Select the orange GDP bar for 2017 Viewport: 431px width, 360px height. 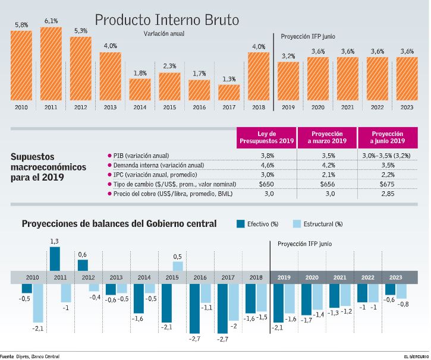229,92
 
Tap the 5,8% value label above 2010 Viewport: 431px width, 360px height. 21,25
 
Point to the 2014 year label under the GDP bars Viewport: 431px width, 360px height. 140,107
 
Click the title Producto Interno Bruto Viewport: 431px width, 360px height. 167,20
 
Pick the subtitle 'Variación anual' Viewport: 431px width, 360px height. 163,34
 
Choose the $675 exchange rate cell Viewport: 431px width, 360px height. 387,184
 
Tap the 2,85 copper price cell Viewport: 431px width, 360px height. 387,194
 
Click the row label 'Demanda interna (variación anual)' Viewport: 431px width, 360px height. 158,165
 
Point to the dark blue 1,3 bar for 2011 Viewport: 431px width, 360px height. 55,259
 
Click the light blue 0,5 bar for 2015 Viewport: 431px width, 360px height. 178,266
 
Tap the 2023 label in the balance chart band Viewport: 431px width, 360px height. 395,277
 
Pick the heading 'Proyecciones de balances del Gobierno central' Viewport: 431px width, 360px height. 119,224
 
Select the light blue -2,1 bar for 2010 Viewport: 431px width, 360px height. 38,303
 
